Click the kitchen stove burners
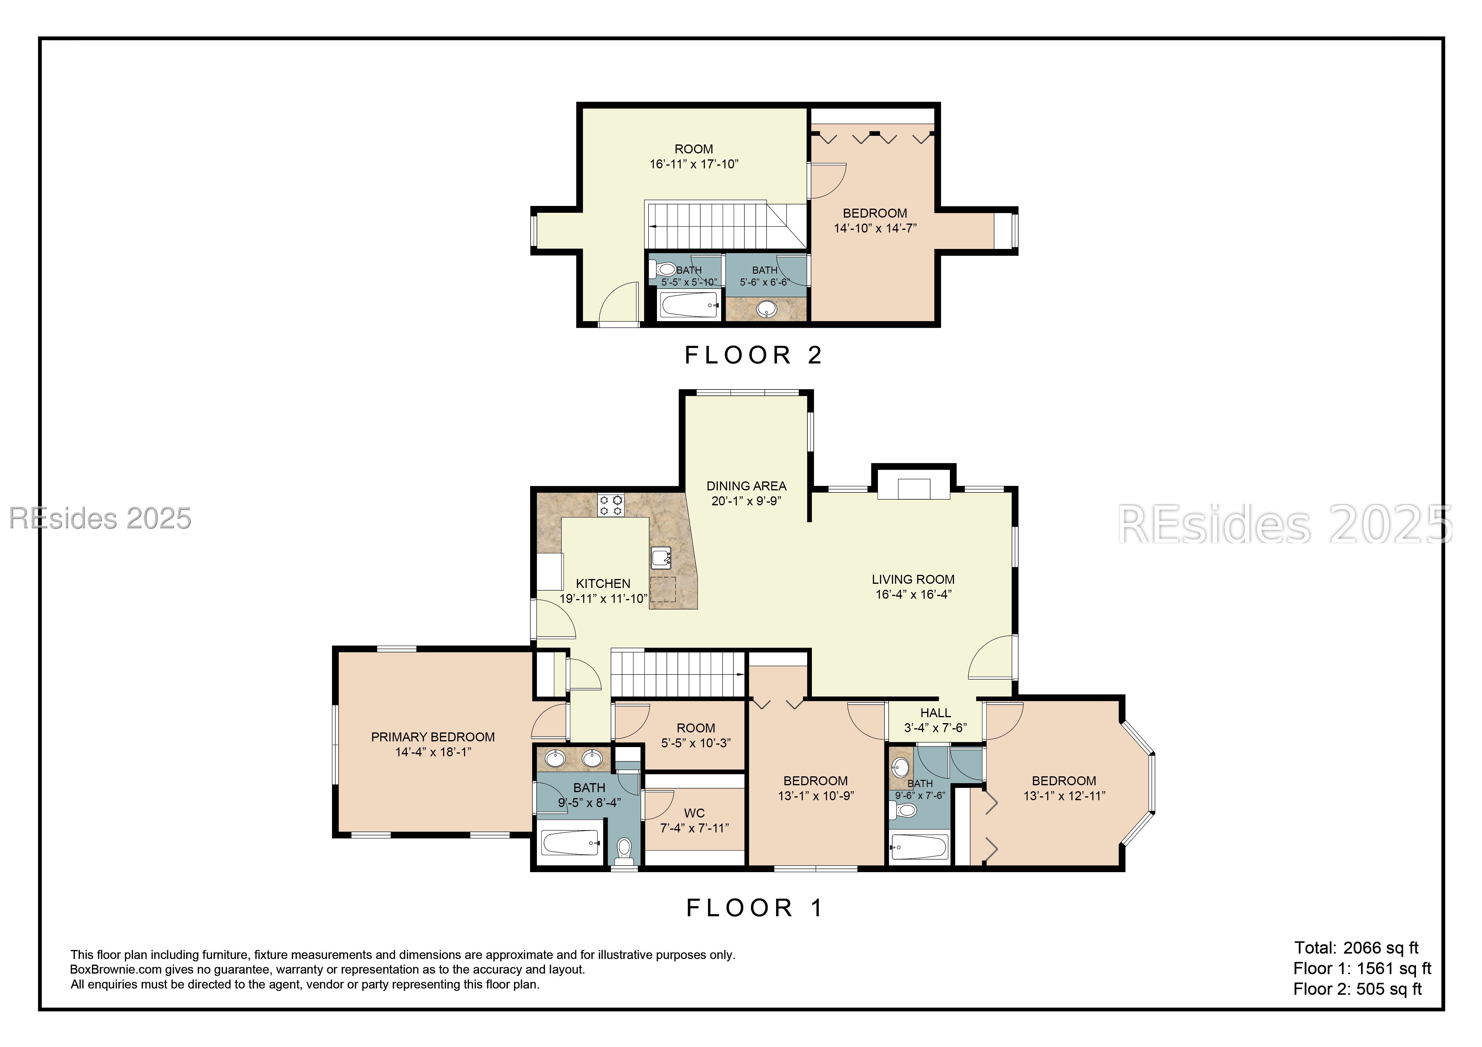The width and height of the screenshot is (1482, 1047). pos(611,504)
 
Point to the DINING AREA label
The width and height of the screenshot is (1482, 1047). pos(746,486)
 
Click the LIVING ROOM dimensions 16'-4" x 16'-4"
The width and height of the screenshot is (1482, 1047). pos(913,594)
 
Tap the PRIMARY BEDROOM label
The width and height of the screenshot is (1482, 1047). pos(432,737)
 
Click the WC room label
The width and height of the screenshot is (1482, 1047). pos(695,813)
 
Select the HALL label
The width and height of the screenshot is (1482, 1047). pos(935,713)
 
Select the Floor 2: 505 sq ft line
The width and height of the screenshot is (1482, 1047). pos(1357,989)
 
